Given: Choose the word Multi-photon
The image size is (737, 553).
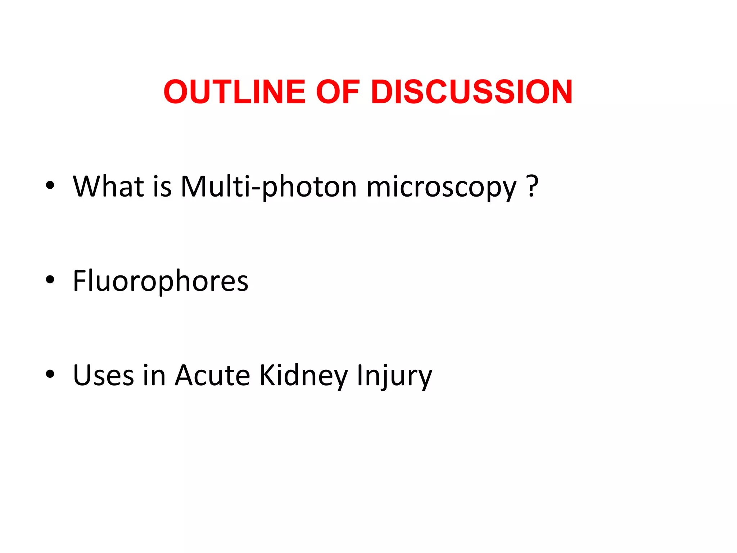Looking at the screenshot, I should [x=268, y=187].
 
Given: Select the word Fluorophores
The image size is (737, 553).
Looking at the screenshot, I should [x=160, y=281].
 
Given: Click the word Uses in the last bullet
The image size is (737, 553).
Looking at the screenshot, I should [x=104, y=376].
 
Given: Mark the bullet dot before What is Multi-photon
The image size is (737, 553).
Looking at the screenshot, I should [x=50, y=185].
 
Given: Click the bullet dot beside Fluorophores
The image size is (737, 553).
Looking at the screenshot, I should [x=50, y=280].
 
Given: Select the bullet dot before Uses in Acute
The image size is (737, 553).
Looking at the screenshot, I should [x=50, y=374].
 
